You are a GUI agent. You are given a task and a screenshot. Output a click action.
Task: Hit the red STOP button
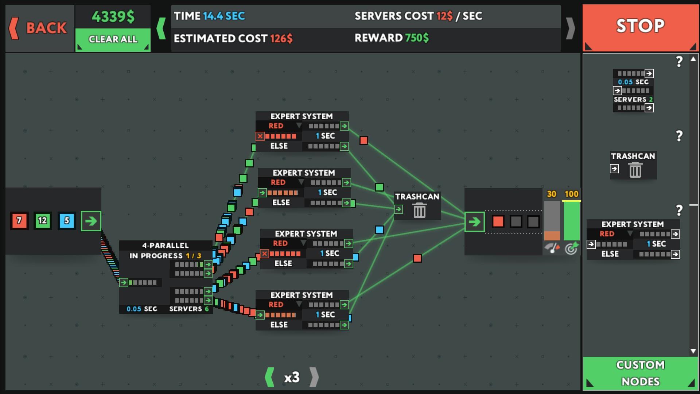(x=640, y=27)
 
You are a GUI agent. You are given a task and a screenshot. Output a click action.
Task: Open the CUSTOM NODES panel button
(x=640, y=373)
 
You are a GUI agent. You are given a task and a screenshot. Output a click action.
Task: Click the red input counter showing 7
(x=19, y=221)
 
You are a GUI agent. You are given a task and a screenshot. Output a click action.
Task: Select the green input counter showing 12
(x=43, y=221)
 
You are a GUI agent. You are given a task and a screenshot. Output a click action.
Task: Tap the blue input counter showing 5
(x=67, y=221)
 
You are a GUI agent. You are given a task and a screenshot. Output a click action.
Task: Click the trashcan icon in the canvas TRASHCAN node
(x=419, y=210)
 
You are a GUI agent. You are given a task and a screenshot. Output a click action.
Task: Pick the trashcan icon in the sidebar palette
(x=635, y=170)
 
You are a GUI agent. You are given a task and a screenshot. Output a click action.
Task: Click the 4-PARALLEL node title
(x=166, y=246)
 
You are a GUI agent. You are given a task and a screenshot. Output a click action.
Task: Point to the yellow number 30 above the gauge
(x=552, y=194)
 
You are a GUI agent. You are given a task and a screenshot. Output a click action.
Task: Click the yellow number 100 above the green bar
(x=571, y=194)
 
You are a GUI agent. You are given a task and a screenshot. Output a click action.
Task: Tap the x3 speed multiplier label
(x=292, y=377)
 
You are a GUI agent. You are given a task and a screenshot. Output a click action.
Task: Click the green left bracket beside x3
(x=270, y=377)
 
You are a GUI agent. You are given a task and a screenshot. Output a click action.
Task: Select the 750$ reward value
(x=417, y=38)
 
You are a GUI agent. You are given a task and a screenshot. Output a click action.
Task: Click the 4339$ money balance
(x=113, y=17)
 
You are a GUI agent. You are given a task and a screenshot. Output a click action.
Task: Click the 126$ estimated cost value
(x=281, y=39)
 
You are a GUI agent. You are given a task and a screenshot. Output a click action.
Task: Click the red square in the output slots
(x=498, y=221)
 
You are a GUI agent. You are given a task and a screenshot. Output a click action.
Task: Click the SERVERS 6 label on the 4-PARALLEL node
(x=189, y=309)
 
